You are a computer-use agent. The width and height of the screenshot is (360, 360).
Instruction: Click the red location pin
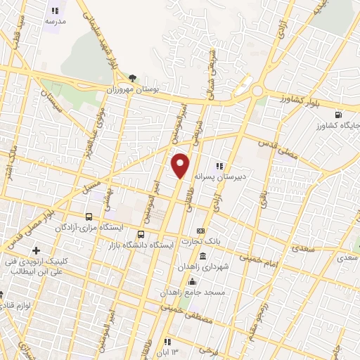[181, 165]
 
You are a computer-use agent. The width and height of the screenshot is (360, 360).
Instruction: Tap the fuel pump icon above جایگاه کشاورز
[340, 114]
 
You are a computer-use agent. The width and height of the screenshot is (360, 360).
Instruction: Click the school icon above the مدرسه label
[55, 11]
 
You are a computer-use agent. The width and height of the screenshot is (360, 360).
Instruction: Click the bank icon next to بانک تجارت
[201, 231]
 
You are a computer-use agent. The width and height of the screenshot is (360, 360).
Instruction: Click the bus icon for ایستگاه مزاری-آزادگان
[89, 217]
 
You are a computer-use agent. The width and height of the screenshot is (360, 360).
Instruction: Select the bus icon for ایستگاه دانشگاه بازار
[141, 235]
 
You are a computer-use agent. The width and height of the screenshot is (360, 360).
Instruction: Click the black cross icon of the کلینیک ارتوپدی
[36, 250]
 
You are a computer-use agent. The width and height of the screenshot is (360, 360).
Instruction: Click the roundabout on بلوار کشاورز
[257, 91]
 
